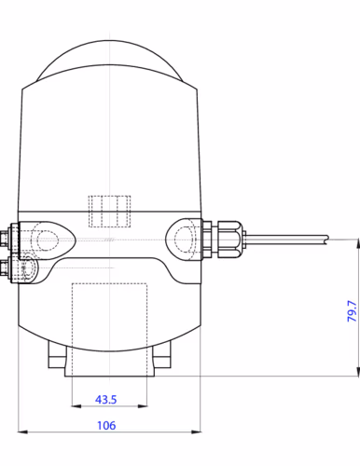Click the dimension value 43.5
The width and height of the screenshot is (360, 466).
[x=106, y=400]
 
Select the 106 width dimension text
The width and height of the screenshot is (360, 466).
[x=106, y=425]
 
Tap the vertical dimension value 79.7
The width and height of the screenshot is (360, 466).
[x=352, y=311]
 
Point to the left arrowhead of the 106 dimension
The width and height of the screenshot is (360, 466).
[x=23, y=432]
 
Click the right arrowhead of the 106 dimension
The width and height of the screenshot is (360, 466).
[x=196, y=432]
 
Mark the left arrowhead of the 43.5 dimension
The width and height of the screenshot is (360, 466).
[x=76, y=406]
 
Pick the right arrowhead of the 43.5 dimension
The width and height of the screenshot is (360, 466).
[x=143, y=406]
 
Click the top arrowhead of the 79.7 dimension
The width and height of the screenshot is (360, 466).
[x=357, y=244]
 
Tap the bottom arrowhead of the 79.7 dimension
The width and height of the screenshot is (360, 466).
[x=357, y=371]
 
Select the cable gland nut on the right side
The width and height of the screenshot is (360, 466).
[x=228, y=240]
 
